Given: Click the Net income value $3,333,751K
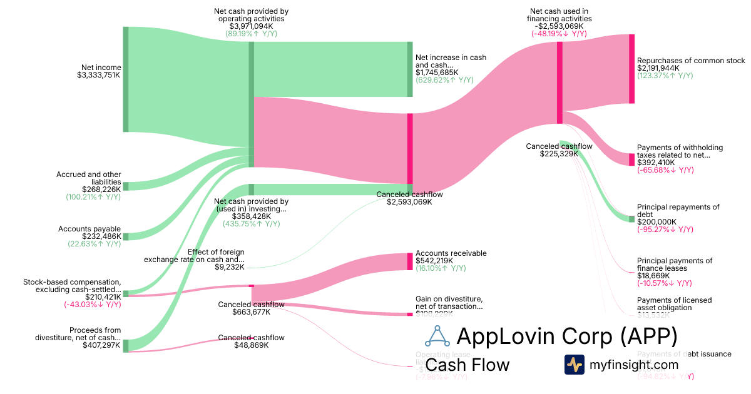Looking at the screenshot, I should click(x=99, y=76).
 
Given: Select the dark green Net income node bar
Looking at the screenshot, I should click(x=125, y=79).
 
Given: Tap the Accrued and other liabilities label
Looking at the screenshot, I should click(x=89, y=178).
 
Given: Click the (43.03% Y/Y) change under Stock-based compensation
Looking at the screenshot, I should click(x=93, y=305).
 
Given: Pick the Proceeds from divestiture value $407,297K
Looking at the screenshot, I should click(x=101, y=345).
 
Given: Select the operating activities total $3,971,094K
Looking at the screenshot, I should click(x=251, y=26).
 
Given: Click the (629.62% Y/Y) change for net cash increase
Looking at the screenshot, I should click(x=444, y=80).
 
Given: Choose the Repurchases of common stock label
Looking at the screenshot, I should click(x=691, y=61).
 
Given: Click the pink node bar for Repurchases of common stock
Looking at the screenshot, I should click(x=631, y=69).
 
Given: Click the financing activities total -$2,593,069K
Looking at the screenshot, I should click(x=559, y=26).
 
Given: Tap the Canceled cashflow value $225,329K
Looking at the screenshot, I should click(x=559, y=154).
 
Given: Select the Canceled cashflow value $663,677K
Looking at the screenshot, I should click(x=251, y=312).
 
